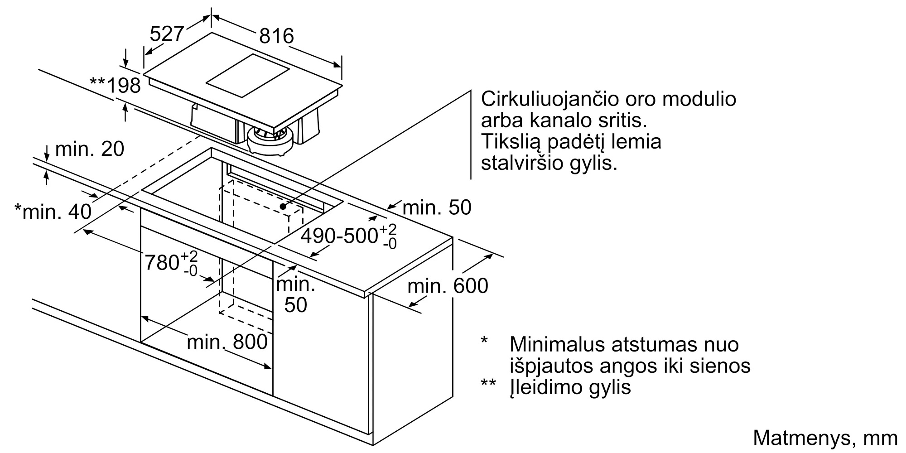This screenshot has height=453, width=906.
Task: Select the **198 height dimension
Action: (x=116, y=85)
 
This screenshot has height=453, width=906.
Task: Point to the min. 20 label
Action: (x=90, y=149)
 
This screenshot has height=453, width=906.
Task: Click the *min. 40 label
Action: (x=53, y=211)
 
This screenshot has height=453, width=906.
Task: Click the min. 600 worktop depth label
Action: (x=448, y=286)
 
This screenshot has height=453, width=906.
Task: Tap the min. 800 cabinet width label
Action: (x=227, y=342)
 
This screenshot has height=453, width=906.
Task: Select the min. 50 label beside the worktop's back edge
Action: (x=437, y=207)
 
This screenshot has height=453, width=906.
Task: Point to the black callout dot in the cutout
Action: (x=283, y=207)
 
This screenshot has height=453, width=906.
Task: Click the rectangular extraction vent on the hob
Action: (x=248, y=76)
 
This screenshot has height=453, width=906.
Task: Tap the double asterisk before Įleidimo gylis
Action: (x=488, y=383)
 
